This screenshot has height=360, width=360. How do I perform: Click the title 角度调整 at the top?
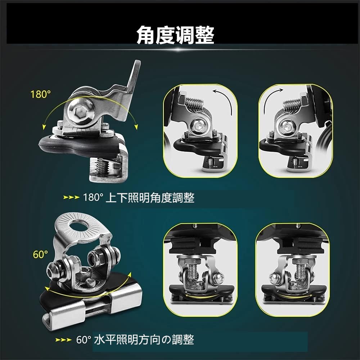(175, 35)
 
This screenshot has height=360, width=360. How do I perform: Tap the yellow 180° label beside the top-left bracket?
(41, 95)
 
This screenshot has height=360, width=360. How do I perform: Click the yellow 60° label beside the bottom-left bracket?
(40, 255)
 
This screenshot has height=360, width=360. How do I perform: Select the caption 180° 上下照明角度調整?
(139, 198)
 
